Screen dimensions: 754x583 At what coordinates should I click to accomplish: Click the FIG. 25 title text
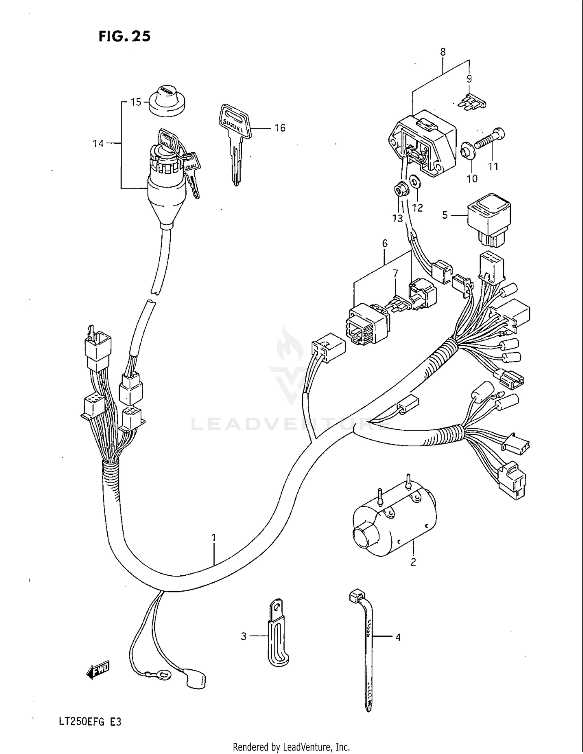pos(124,36)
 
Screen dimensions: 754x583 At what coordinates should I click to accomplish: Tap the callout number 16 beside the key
pos(280,127)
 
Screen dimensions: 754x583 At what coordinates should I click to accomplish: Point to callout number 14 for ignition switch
pos(98,144)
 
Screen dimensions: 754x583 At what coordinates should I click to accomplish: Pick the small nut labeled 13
pos(399,190)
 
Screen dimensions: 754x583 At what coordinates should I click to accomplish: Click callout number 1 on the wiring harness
pos(213,538)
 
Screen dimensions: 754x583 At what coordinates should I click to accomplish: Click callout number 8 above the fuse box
pos(443,52)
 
